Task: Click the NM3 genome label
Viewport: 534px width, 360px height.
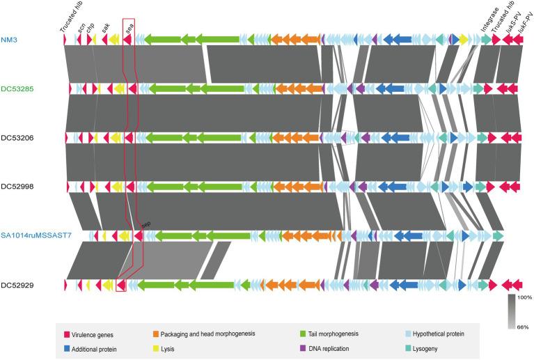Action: coord(10,41)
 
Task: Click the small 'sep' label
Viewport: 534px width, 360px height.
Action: coord(146,224)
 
